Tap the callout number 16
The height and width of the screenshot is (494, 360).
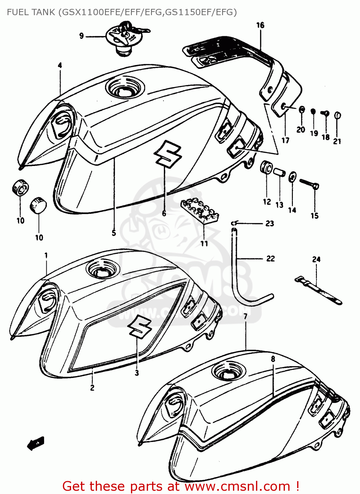point(260,25)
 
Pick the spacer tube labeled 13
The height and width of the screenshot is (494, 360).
point(279,172)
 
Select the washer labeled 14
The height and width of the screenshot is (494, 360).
point(292,177)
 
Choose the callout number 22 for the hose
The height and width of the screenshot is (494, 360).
point(270,259)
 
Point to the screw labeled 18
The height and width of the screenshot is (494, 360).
point(325,114)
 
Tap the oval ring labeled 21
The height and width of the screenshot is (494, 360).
point(337,115)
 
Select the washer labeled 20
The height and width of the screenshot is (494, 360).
point(301,110)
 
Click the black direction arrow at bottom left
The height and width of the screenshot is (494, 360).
point(36,443)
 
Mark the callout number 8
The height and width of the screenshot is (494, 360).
point(273,359)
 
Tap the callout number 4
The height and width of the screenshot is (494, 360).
point(60,65)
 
